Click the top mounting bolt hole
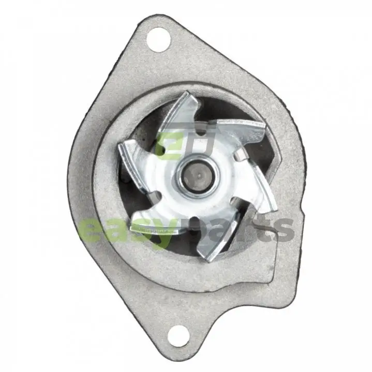click(x=159, y=40)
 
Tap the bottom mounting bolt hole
click(x=178, y=336)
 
